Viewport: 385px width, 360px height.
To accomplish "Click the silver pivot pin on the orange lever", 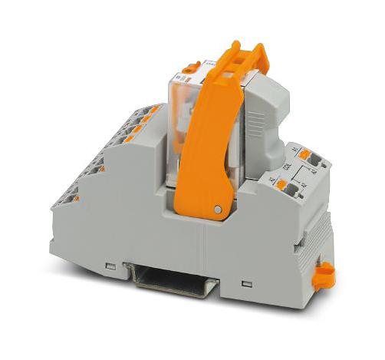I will click(219, 209).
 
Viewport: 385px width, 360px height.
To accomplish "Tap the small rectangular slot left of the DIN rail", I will click(112, 265).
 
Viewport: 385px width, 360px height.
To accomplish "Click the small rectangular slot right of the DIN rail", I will click(245, 285).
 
